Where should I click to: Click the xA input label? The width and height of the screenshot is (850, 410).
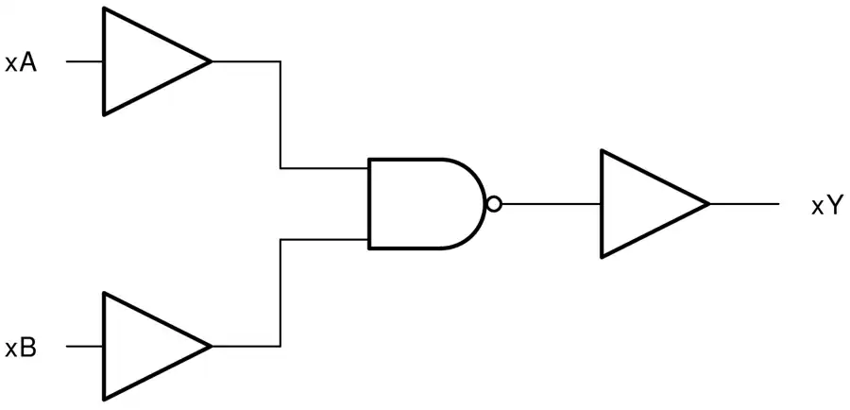point(21,62)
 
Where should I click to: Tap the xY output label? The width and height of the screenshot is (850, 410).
point(826,206)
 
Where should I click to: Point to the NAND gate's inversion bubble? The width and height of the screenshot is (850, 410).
point(494,204)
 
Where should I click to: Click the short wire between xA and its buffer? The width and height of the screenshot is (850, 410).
point(85,61)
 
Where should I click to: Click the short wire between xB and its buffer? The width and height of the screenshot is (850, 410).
point(85,346)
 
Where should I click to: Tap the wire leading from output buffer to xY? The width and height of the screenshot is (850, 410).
point(744,204)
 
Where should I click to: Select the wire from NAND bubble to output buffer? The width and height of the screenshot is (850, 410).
point(551,204)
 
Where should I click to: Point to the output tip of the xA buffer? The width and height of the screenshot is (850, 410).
point(211,61)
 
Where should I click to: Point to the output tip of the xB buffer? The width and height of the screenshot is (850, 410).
point(211,346)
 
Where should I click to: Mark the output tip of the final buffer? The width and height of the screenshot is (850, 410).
point(709,204)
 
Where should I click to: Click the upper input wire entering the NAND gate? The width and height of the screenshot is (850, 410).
point(324,168)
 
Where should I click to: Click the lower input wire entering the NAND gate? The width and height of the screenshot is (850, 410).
point(324,239)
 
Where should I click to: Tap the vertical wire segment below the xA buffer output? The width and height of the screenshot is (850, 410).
point(280,115)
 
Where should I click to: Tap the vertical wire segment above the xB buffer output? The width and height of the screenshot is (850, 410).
point(280,293)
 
